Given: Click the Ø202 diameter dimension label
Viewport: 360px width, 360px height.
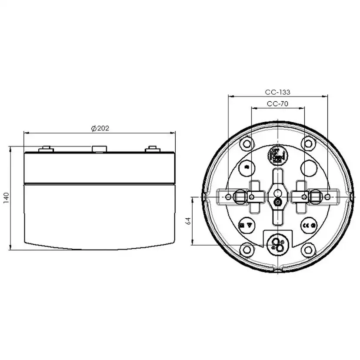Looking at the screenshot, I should click(100, 128).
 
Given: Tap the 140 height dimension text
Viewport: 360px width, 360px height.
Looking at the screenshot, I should click(6, 198).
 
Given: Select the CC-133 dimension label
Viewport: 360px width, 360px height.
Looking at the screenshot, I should click(277, 92).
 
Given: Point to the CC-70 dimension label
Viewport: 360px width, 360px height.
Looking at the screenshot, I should click(277, 104).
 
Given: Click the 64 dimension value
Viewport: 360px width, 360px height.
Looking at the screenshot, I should click(188, 220).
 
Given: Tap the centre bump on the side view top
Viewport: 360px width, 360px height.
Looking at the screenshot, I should click(100, 149).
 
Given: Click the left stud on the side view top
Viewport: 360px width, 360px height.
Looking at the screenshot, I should click(46, 150).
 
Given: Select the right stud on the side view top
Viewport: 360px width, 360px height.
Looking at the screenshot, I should click(152, 150).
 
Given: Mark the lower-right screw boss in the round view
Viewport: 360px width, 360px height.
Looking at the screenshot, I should click(308, 250).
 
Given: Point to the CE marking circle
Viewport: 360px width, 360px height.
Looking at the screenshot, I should click(309, 226).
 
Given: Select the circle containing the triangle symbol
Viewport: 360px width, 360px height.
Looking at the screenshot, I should click(246, 226).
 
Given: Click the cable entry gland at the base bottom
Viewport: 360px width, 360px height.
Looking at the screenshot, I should click(277, 243).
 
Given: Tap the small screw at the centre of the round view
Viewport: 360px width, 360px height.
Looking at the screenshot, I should click(278, 202).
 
